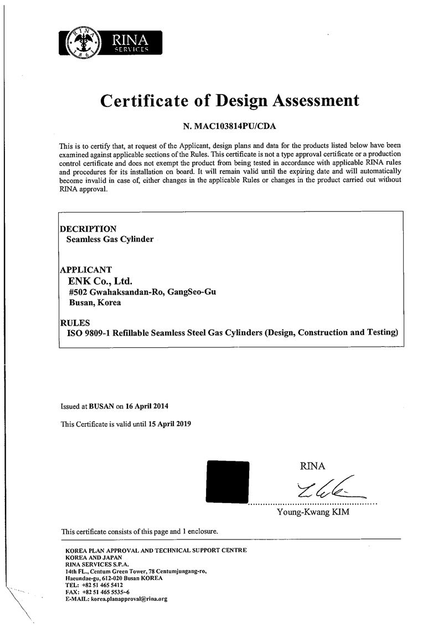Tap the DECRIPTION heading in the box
click(x=88, y=229)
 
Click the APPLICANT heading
click(x=86, y=270)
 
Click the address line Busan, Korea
click(x=95, y=302)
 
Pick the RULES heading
click(x=74, y=322)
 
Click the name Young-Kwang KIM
click(x=313, y=512)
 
